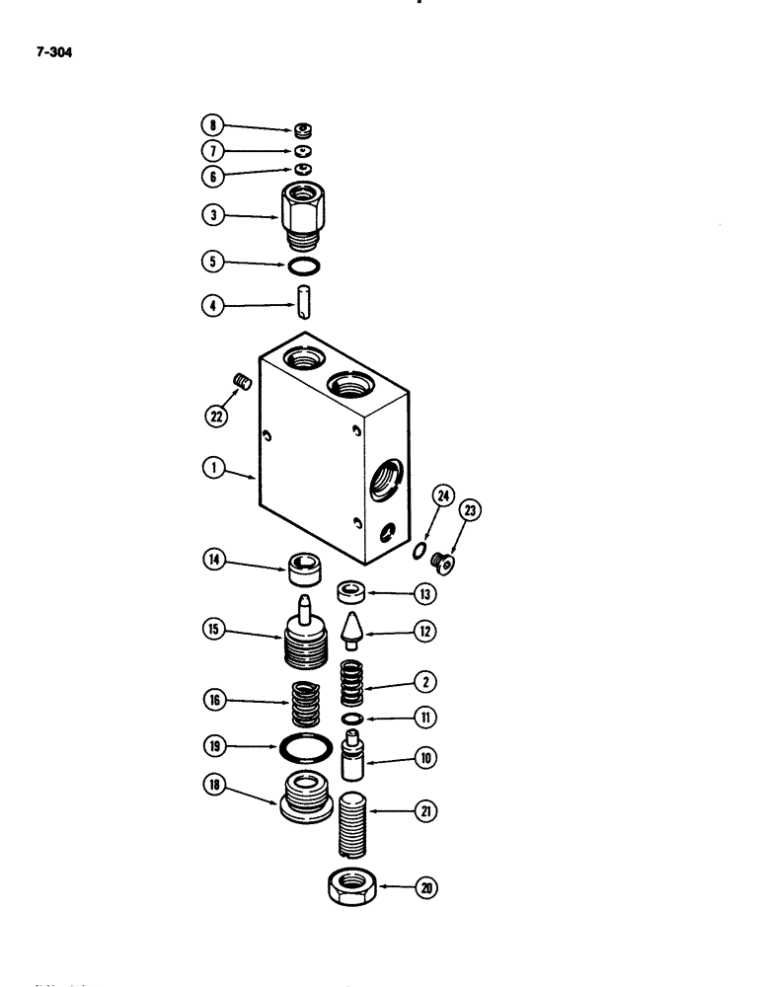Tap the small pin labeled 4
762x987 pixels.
[x=304, y=302]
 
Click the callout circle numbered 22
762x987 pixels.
[x=216, y=418]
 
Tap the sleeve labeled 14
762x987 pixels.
[x=305, y=569]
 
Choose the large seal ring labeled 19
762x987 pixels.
[x=305, y=749]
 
